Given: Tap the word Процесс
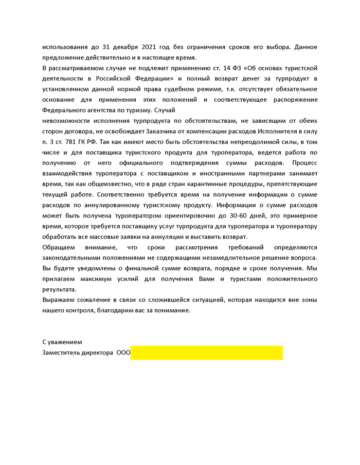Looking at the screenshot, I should (x=304, y=163).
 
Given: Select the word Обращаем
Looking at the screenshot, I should (x=58, y=247).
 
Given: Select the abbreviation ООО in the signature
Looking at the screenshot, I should (x=123, y=353).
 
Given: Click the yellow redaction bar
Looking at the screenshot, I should (x=206, y=353).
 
